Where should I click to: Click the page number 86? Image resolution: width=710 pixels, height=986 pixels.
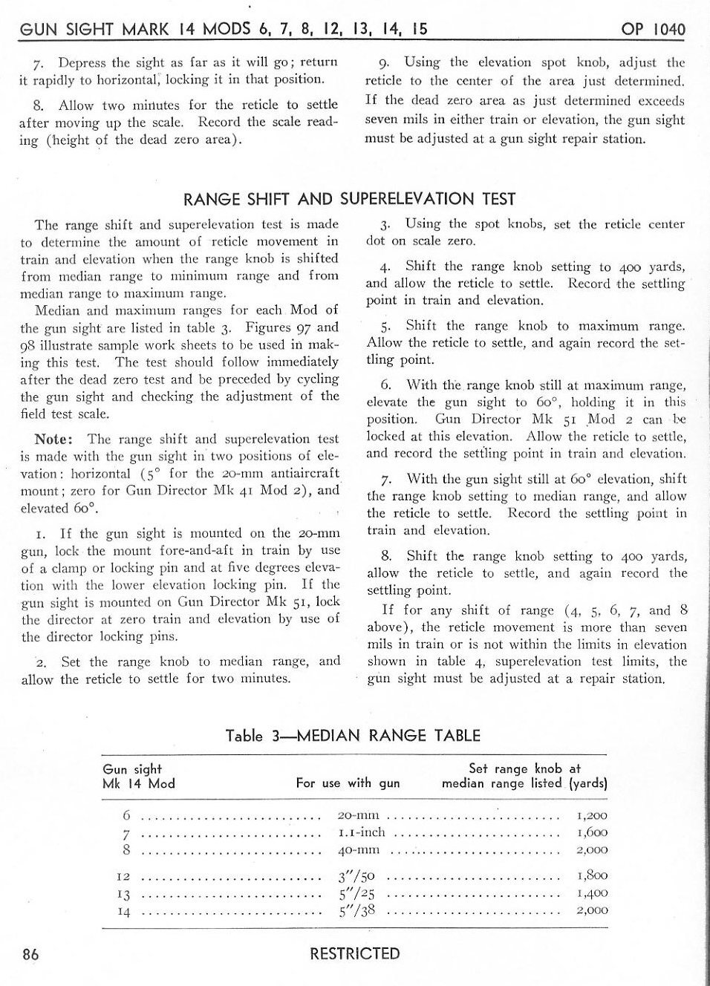(30, 954)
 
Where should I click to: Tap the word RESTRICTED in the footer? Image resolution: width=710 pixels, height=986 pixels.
(354, 953)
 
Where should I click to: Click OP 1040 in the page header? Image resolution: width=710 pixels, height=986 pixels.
(653, 29)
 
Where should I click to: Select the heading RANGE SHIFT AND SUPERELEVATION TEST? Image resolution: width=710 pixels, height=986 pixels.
(349, 199)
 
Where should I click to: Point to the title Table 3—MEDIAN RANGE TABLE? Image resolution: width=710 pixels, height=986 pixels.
(353, 736)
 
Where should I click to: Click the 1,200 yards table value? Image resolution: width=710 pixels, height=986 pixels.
(591, 816)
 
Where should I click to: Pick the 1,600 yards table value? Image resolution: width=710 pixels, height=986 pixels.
(591, 833)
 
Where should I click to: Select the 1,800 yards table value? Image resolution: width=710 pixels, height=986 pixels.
(591, 876)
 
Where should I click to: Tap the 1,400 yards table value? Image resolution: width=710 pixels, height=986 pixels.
(591, 893)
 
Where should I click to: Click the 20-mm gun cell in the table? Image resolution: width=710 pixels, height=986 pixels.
(358, 816)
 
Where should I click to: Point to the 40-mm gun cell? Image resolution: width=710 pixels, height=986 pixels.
(358, 850)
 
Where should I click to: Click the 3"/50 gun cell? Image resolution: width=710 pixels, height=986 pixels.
(356, 876)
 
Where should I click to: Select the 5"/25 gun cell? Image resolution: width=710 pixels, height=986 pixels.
(356, 893)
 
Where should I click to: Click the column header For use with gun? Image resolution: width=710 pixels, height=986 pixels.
(348, 783)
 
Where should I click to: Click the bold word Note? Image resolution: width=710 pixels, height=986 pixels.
(53, 439)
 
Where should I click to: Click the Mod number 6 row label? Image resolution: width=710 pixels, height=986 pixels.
(127, 816)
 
